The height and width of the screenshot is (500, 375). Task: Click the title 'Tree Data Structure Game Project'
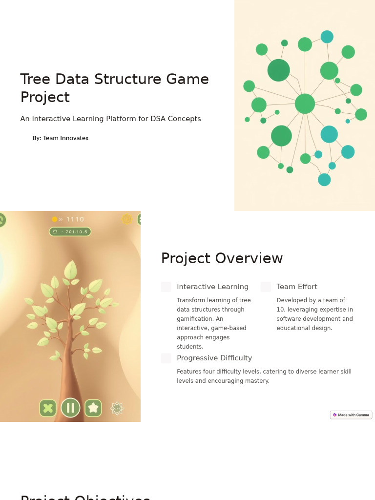(x=114, y=88)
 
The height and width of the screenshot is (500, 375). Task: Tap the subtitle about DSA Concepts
(x=110, y=119)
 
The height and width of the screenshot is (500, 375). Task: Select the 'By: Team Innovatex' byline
(x=61, y=138)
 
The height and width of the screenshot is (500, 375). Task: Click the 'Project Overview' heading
(x=222, y=258)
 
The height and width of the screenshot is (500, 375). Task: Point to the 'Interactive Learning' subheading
(x=212, y=287)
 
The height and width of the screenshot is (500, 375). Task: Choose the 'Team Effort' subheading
(x=297, y=287)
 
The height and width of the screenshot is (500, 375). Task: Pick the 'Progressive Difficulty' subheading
(x=214, y=358)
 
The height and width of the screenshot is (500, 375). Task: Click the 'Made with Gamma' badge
(x=351, y=415)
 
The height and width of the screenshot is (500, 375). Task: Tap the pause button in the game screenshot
(x=70, y=408)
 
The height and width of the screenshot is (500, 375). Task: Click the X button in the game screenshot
(x=48, y=408)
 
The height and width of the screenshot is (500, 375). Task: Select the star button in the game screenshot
(x=93, y=408)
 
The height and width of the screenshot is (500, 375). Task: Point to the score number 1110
(x=75, y=219)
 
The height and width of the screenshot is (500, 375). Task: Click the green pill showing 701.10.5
(x=70, y=231)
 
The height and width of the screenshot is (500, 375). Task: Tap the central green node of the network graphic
(x=305, y=104)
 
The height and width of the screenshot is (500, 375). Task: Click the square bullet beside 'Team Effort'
(x=266, y=287)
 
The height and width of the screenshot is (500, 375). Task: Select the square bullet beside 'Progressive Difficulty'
(x=166, y=358)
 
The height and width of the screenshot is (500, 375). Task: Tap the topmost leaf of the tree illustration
(x=71, y=270)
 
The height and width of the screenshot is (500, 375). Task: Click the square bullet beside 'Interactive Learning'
(x=166, y=287)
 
